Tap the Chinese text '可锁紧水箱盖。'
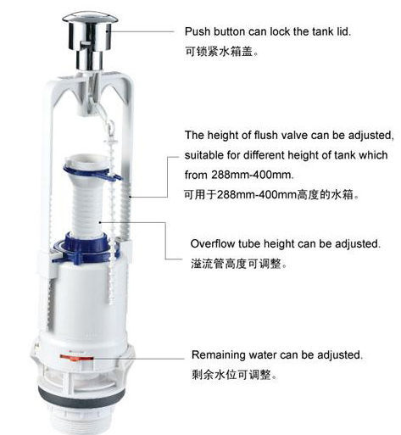(221, 52)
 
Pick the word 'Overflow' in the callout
(212, 244)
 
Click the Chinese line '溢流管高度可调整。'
(238, 264)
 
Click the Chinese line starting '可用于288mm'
(271, 194)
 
